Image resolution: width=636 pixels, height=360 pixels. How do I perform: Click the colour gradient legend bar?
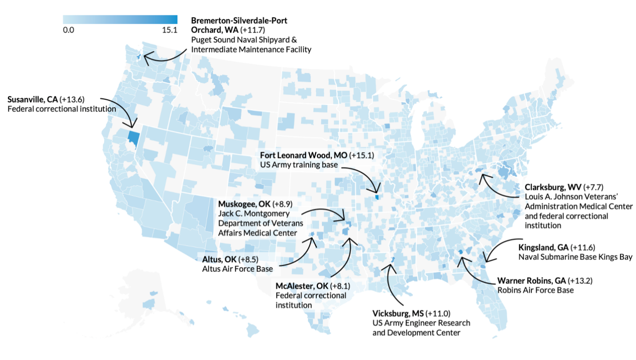click(120, 19)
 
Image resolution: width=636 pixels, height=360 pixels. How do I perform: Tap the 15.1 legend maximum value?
click(170, 30)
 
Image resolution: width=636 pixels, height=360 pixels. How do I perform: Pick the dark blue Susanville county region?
click(133, 137)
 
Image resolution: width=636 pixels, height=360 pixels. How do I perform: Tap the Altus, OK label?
click(219, 259)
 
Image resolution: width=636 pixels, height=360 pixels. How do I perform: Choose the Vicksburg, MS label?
click(398, 313)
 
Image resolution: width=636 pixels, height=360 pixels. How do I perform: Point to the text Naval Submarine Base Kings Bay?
click(575, 257)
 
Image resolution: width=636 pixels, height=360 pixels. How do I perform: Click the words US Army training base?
click(299, 165)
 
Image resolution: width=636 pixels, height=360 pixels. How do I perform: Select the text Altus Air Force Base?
click(237, 268)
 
